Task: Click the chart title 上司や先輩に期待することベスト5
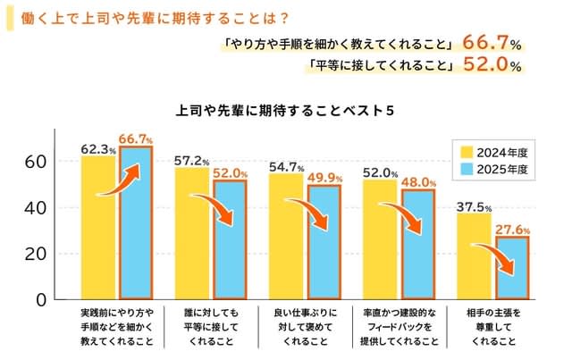[286, 111]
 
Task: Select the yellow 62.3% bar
[98, 228]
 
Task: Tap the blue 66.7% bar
[136, 222]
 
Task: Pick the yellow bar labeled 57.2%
[192, 234]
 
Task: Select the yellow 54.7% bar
[286, 237]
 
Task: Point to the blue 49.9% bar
[324, 242]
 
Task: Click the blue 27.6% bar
[511, 267]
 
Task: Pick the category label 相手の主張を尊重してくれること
[492, 327]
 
